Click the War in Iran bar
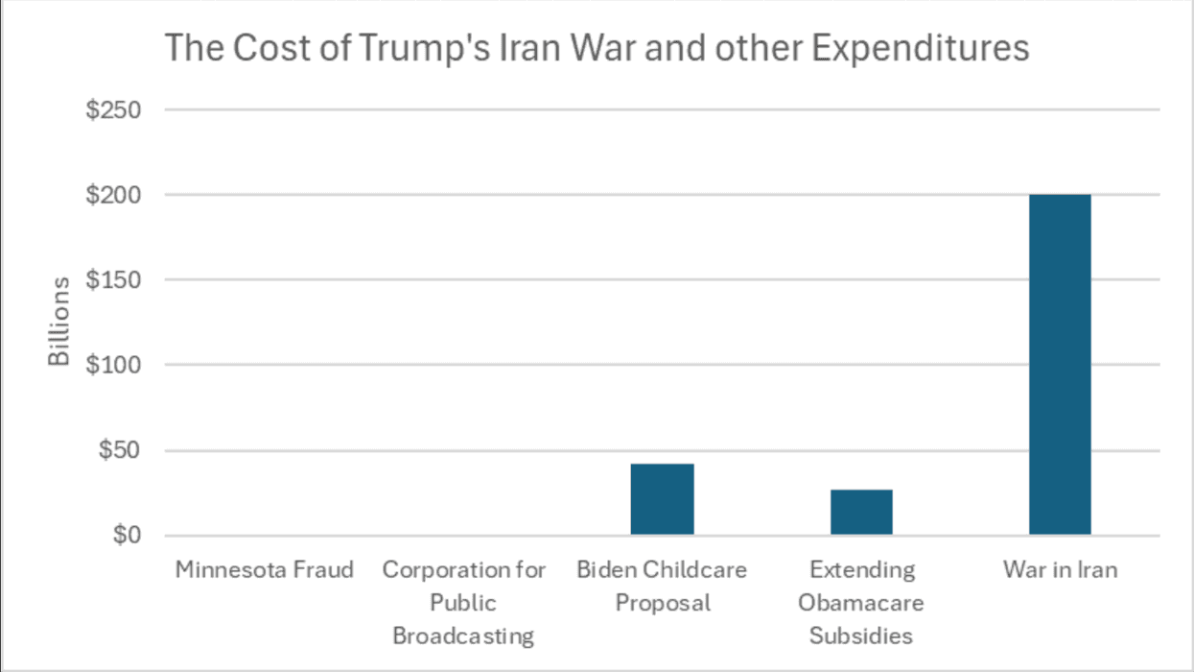tap(1060, 365)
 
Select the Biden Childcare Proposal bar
tap(662, 499)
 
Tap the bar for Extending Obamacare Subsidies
tap(861, 513)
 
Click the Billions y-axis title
tap(59, 322)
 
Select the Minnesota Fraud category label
tap(264, 570)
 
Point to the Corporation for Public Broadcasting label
tap(463, 602)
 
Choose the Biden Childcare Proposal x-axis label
tap(662, 586)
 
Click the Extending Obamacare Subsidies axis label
tap(861, 602)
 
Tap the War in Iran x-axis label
tap(1060, 570)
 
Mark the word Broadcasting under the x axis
tap(463, 635)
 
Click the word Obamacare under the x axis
tap(861, 603)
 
